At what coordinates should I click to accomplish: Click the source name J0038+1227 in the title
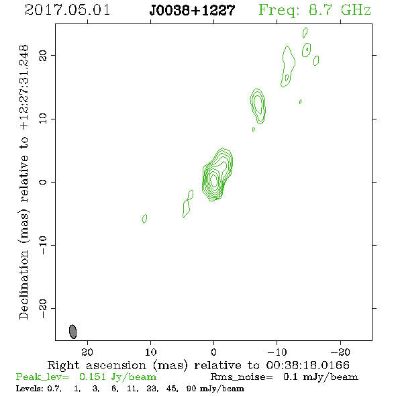tap(192, 10)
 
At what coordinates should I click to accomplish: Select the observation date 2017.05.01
tap(67, 10)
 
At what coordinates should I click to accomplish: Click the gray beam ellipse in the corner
tap(72, 332)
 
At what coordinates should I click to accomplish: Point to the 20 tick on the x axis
tap(87, 352)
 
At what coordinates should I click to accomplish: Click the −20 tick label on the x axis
tap(340, 352)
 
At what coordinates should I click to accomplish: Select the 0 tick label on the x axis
tap(213, 352)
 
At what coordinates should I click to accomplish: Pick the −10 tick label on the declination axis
tap(43, 245)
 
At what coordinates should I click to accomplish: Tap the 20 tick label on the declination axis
tap(43, 55)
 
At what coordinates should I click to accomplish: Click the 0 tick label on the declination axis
tap(43, 182)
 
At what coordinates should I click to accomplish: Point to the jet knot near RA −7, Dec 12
tap(258, 106)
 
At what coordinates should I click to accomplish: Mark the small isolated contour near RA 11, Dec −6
tap(144, 219)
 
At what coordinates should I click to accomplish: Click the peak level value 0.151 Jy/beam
tap(117, 377)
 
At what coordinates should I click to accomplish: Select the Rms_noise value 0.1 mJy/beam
tap(320, 377)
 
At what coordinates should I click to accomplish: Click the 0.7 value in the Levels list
tap(54, 388)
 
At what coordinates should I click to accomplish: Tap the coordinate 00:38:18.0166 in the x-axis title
tap(308, 365)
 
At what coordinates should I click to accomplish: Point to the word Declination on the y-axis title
tap(23, 285)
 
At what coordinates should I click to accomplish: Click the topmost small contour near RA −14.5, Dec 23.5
tap(305, 33)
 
